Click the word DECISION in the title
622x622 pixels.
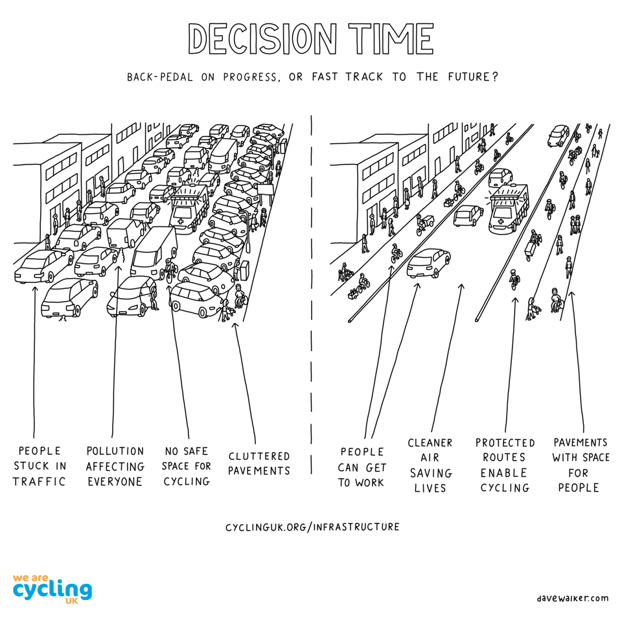click(262, 38)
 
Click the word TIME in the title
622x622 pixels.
click(391, 38)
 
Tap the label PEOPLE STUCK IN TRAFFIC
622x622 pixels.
click(40, 466)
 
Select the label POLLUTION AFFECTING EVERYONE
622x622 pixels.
click(115, 466)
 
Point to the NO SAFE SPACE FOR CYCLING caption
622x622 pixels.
click(187, 466)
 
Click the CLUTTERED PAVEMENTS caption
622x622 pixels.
click(259, 463)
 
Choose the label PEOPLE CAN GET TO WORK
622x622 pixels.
click(362, 467)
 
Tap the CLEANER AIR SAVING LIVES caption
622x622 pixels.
click(430, 465)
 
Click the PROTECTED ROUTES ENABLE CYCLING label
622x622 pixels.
click(505, 465)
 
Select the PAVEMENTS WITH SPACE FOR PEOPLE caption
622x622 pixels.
click(581, 465)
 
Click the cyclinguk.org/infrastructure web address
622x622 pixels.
click(312, 527)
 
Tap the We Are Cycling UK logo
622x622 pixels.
click(52, 589)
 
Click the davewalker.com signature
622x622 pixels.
click(573, 598)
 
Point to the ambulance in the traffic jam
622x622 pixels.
click(189, 208)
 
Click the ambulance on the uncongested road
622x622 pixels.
click(509, 208)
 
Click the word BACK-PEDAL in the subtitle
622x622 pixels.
click(160, 76)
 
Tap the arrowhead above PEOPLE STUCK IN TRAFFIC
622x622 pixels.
click(34, 289)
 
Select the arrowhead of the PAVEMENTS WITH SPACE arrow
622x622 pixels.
click(571, 295)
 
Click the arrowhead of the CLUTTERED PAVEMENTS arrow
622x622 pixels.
click(235, 326)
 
